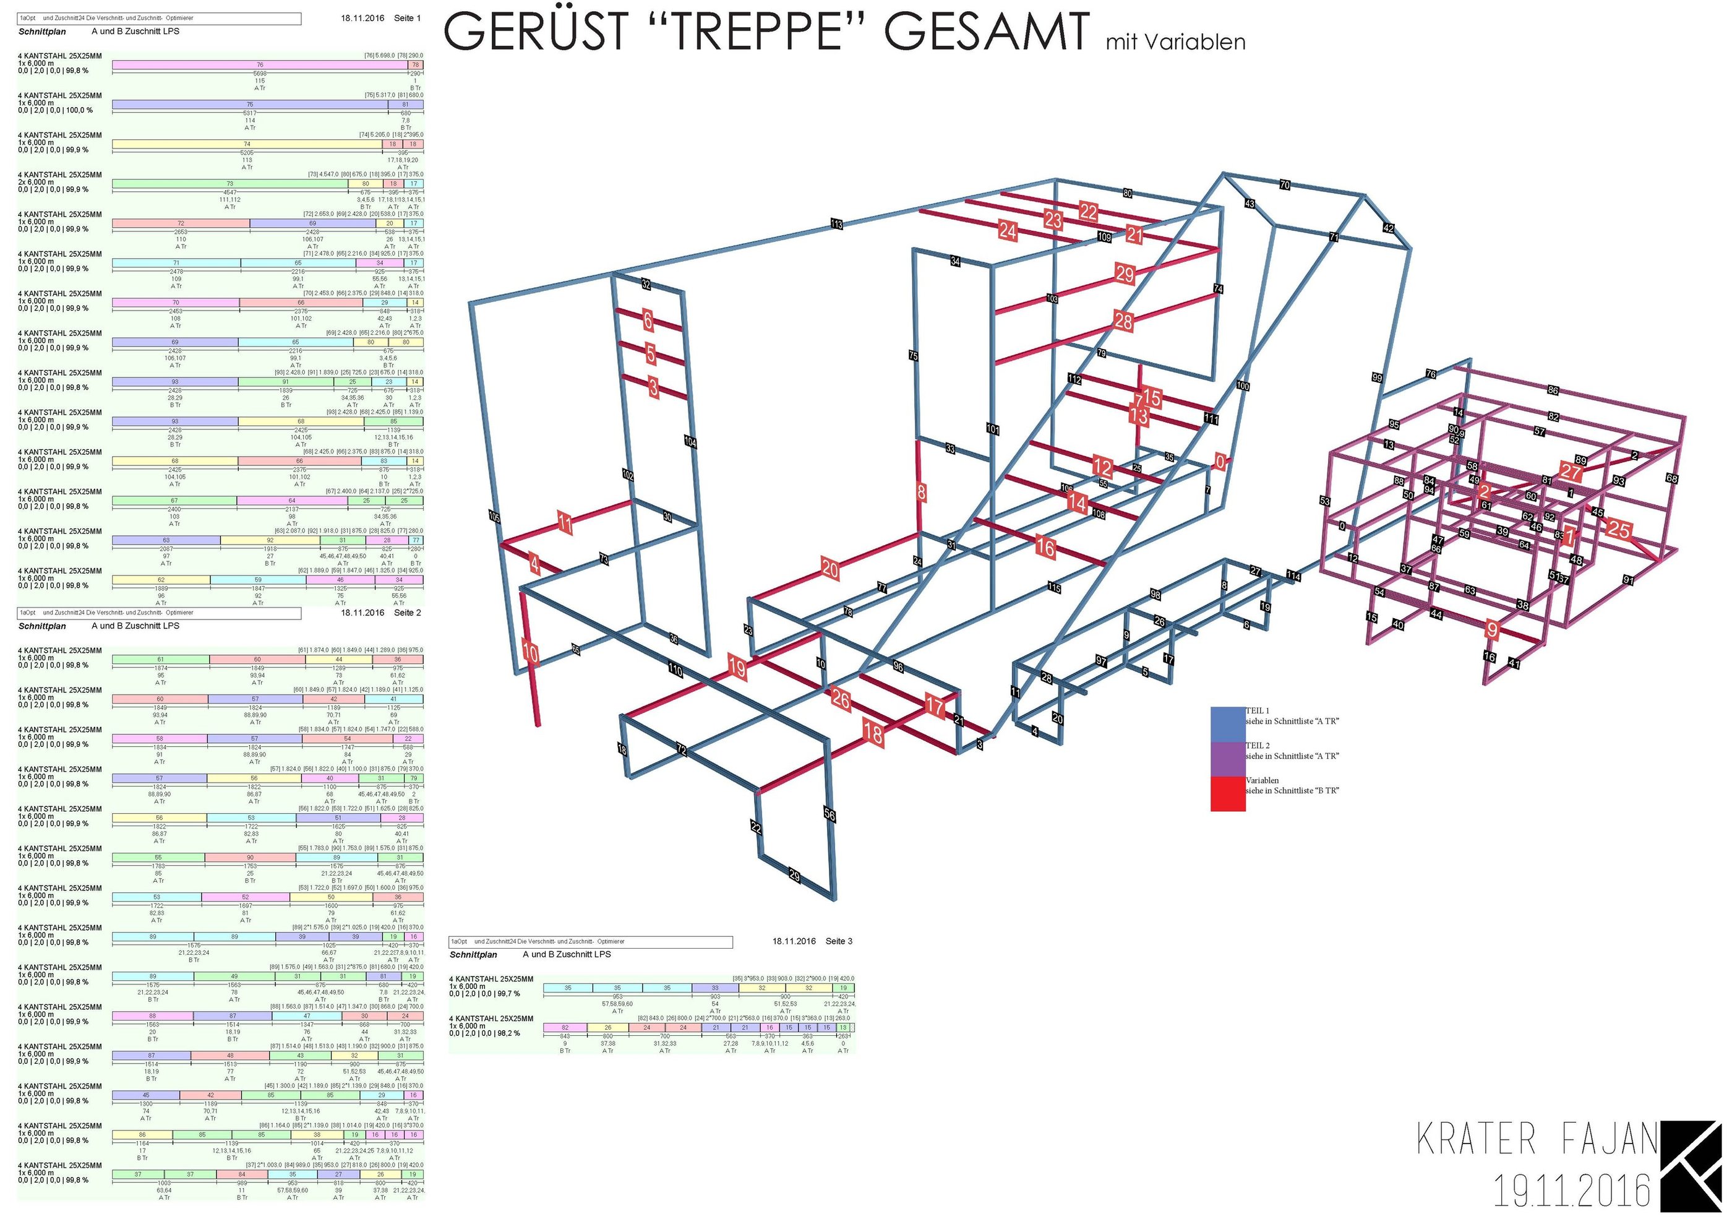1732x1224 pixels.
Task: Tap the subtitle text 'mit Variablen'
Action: [1175, 42]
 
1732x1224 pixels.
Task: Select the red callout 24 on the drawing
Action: [1008, 230]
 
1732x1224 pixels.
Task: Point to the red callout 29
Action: [1125, 274]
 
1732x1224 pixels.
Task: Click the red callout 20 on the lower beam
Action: [830, 569]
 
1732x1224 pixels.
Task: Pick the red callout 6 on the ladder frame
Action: [647, 320]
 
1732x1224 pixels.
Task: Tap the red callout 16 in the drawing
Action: [1045, 547]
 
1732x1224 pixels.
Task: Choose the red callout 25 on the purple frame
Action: [1619, 529]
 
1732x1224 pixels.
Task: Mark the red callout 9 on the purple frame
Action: [1491, 629]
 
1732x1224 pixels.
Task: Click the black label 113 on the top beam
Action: [836, 224]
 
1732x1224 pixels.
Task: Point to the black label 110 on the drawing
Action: [674, 670]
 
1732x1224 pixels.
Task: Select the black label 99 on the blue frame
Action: [1377, 378]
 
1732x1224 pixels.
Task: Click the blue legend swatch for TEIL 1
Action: [1227, 723]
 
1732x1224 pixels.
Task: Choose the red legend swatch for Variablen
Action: [1227, 794]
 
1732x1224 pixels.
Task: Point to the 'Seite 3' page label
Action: [839, 942]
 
